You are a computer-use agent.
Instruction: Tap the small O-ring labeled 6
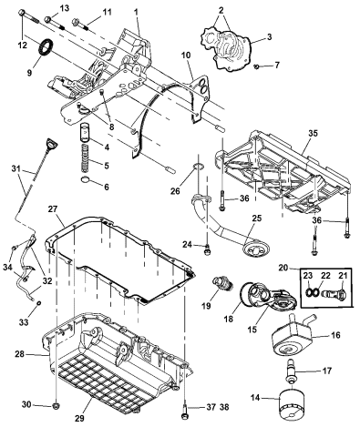tap(85, 188)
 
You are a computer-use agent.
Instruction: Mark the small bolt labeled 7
tap(258, 66)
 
